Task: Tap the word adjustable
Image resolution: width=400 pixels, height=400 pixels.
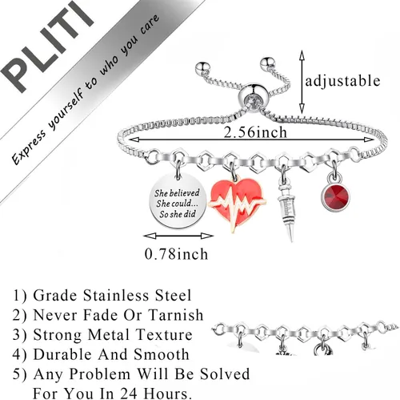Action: pos(342,81)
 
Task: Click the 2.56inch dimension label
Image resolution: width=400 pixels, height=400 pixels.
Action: pos(255,132)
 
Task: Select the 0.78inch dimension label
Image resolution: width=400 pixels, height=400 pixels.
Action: pos(176,254)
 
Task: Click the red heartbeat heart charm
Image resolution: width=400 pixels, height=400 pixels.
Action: pos(238,204)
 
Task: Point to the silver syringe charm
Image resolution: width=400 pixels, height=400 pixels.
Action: pos(286,208)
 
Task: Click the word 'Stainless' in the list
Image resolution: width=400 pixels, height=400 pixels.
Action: pos(115,296)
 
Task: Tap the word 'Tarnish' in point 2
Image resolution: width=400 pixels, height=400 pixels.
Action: pos(176,315)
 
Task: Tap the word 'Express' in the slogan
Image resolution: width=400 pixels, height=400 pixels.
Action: pos(29,146)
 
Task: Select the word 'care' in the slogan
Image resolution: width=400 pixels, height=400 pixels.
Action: pos(150,25)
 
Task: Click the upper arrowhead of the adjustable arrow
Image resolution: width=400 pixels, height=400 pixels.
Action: pos(302,55)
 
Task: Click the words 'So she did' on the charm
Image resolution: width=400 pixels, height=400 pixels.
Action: pos(178,214)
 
